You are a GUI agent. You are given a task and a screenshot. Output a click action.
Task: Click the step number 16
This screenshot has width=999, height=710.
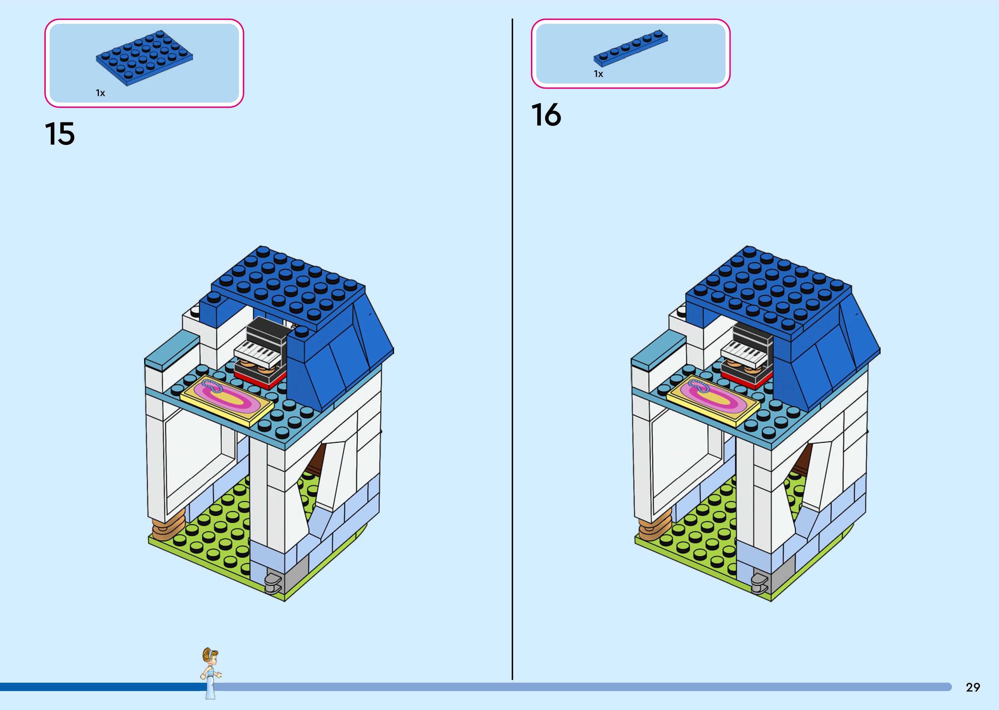click(546, 115)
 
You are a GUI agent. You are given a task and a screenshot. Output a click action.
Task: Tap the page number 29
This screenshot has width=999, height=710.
click(973, 687)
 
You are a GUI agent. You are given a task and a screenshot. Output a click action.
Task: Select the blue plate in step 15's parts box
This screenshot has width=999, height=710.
click(144, 57)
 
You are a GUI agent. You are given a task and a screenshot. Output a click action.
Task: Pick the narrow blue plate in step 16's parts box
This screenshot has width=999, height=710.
click(630, 48)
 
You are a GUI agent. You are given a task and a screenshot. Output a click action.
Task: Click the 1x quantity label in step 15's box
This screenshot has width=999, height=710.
click(101, 93)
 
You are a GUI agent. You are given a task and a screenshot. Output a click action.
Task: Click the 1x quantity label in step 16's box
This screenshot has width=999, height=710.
click(598, 74)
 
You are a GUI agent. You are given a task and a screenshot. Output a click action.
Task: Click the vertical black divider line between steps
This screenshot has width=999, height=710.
click(512, 350)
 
